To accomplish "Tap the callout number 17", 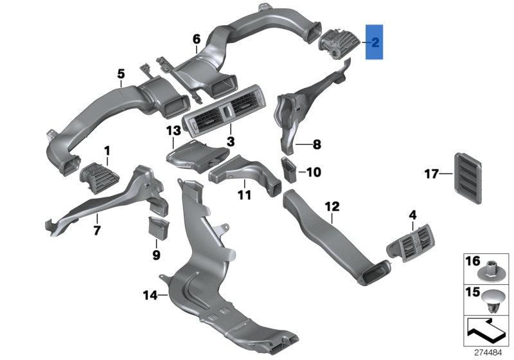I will [x=432, y=173].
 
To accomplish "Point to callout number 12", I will [x=332, y=207].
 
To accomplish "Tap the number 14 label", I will [x=150, y=296].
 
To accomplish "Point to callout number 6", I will [x=197, y=40].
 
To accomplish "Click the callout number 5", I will [x=121, y=74].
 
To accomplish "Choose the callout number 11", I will [x=244, y=194].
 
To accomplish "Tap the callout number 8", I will [x=316, y=145].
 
